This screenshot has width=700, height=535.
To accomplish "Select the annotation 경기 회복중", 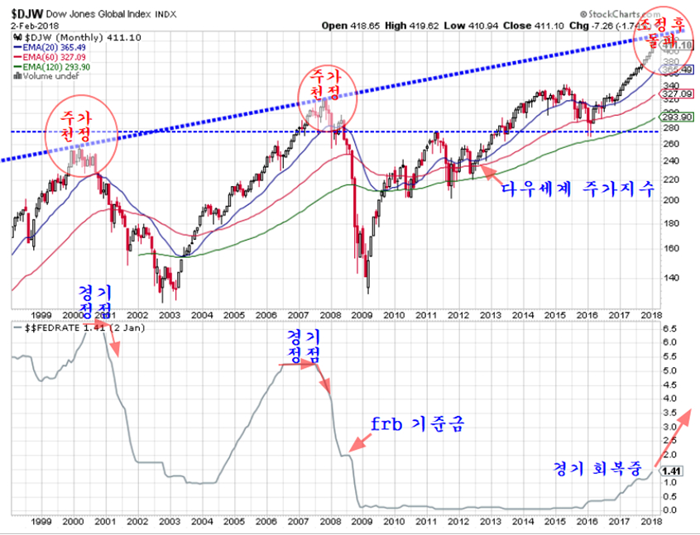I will [598, 468].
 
